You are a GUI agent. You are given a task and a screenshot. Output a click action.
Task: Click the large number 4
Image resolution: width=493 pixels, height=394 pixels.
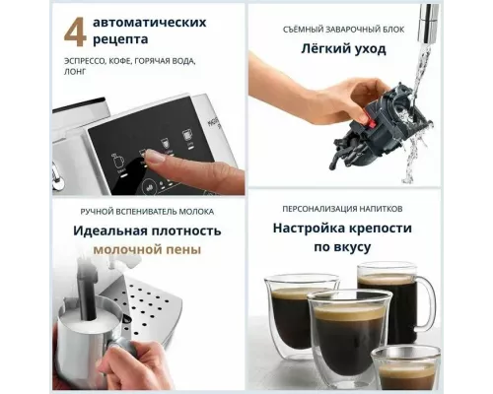click(x=74, y=31)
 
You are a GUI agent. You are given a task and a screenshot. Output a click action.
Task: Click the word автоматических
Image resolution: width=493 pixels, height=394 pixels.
click(x=150, y=21)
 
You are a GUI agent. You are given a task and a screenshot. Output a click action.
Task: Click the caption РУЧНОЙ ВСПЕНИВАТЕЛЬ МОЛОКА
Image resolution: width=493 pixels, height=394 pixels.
click(x=147, y=211)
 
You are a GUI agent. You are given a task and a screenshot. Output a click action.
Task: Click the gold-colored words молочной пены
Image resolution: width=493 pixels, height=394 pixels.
click(x=147, y=250)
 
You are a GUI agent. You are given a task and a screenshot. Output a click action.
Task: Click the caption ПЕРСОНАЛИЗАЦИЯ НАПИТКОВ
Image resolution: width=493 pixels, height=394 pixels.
click(x=343, y=210)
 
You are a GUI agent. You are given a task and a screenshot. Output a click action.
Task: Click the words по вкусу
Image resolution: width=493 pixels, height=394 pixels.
click(x=343, y=250)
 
